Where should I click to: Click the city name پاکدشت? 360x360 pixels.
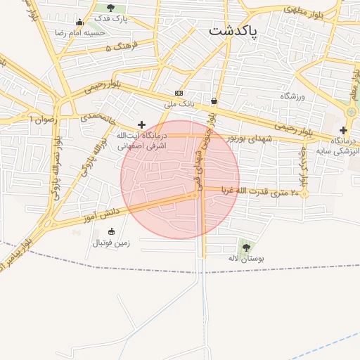pos(233,32)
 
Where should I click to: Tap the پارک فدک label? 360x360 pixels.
pos(110,18)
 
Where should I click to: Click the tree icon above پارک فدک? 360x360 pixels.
pos(110,8)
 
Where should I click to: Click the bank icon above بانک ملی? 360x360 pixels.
pos(179,93)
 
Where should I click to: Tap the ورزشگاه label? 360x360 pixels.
pos(293,95)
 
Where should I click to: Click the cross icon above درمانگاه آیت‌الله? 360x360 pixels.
pos(141,124)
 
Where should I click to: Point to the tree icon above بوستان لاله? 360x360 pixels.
pos(245,247)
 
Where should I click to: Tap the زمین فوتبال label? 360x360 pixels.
pos(111,243)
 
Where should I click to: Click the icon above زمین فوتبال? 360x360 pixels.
pos(111,232)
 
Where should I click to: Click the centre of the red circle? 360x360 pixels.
pos(180,180)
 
